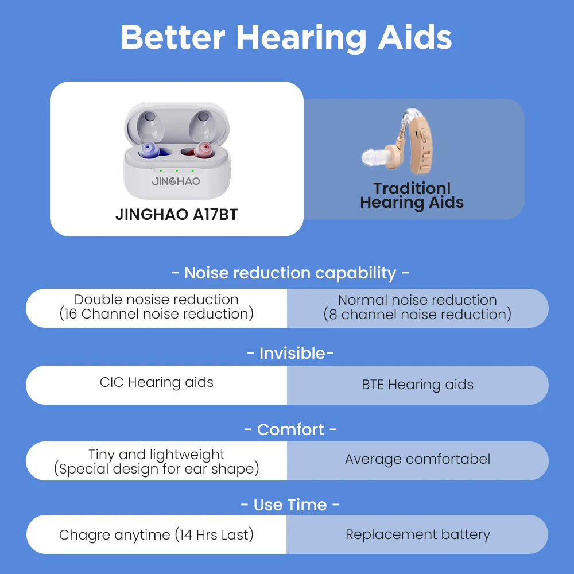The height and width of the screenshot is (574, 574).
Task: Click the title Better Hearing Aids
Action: (286, 37)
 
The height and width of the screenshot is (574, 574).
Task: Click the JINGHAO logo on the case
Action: (176, 181)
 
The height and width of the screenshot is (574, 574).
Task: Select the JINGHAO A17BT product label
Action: (176, 214)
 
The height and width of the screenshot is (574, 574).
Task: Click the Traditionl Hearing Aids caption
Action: (412, 196)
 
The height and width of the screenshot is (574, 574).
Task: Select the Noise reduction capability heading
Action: (290, 273)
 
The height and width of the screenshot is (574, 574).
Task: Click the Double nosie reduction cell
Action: (156, 307)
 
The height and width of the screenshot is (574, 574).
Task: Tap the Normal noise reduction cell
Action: (417, 307)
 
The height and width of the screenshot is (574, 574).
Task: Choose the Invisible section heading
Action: (290, 353)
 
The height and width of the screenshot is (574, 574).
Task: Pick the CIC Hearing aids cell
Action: (156, 383)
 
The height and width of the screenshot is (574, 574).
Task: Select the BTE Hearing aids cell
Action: (417, 385)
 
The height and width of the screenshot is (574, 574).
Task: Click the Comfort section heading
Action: (290, 429)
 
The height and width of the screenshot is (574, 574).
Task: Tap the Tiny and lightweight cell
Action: (156, 461)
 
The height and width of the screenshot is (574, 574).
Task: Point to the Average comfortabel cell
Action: (417, 459)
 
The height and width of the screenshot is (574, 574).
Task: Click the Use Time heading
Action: (290, 505)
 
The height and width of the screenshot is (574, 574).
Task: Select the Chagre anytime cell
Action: (156, 535)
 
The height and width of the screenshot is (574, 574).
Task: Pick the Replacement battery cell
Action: (417, 535)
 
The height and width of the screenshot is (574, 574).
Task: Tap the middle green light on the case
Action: (177, 170)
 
